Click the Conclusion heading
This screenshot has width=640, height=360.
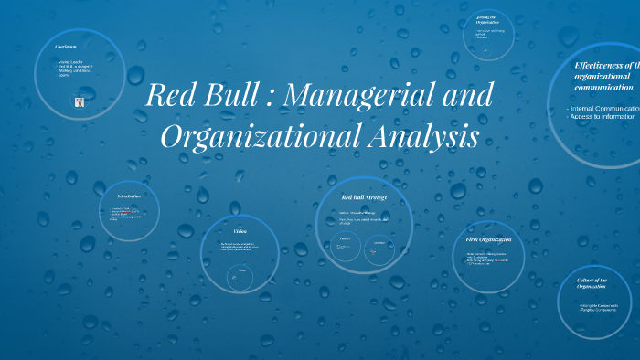65,46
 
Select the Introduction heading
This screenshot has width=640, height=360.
128,196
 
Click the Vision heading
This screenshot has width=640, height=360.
240,231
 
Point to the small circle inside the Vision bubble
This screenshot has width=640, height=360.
242,277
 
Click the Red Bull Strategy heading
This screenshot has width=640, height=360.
363,196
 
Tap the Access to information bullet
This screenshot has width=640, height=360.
602,117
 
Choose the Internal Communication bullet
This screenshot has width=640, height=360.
603,109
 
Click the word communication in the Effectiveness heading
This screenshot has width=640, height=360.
603,88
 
